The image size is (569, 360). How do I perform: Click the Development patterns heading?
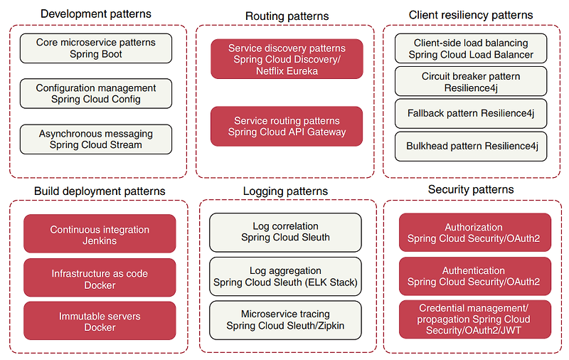point(96,14)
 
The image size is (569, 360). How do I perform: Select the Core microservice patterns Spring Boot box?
point(96,48)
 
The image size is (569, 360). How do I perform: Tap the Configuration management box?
point(96,94)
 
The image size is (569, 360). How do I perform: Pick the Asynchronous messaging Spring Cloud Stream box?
point(96,139)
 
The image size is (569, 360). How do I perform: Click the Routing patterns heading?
point(287,16)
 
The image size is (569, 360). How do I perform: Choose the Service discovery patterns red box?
point(287,59)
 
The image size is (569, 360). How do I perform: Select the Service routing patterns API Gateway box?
point(287,127)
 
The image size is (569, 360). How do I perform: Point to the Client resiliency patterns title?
point(471,15)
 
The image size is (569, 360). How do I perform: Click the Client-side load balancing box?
point(471,49)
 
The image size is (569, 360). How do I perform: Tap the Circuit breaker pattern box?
point(471,82)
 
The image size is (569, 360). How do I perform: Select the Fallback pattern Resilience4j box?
point(471,114)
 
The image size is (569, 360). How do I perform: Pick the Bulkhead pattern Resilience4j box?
point(471,147)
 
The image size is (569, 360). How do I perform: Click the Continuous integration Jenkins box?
point(100,235)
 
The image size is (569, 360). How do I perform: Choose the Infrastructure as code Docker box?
point(100,279)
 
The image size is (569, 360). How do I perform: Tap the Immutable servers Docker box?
point(100,322)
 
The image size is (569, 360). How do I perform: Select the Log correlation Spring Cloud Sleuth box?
point(285,232)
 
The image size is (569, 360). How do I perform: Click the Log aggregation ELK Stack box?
point(285,277)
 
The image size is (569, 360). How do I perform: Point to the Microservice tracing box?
point(285,320)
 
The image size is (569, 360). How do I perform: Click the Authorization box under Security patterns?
point(474,233)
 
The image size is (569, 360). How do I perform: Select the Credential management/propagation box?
point(474,320)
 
